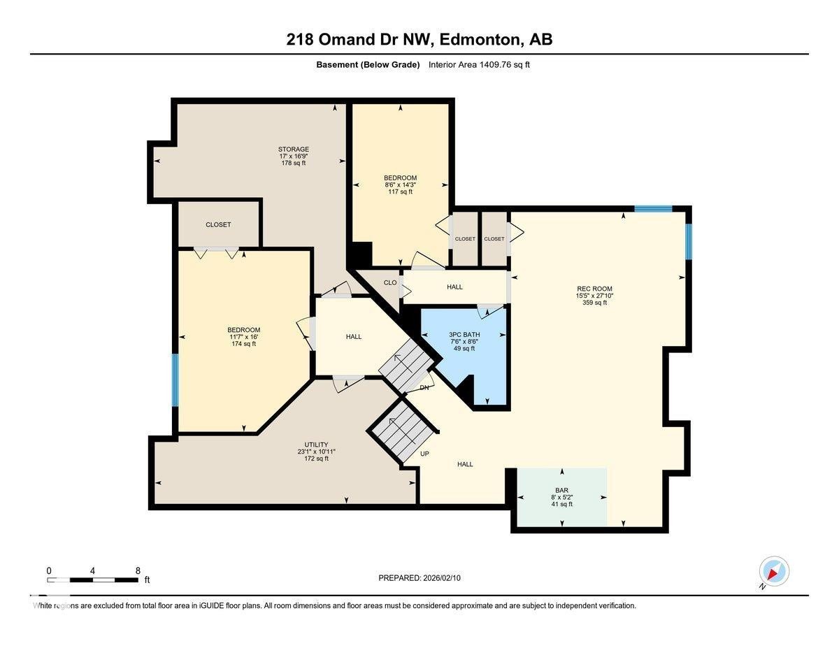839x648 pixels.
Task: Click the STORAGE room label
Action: [293, 149]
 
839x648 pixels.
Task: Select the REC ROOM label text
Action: [594, 288]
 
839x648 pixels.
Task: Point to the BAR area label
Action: [561, 490]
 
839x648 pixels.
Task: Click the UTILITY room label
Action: [316, 445]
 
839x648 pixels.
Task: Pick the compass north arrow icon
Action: [773, 572]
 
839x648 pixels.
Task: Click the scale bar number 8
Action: [138, 570]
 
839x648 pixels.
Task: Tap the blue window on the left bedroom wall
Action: [175, 380]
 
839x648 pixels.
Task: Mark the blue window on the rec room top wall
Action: [653, 208]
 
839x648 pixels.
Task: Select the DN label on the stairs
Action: [424, 387]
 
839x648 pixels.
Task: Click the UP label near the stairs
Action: [424, 454]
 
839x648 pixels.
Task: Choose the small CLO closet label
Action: [390, 282]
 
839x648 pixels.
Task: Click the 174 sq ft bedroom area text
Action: [243, 344]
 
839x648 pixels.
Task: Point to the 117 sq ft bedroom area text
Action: [400, 192]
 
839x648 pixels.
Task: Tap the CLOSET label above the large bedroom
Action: [218, 224]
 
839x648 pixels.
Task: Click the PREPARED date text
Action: [420, 578]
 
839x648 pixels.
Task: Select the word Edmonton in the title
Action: [480, 39]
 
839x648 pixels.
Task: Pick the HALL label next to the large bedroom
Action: [354, 336]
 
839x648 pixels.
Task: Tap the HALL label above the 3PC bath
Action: [454, 287]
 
